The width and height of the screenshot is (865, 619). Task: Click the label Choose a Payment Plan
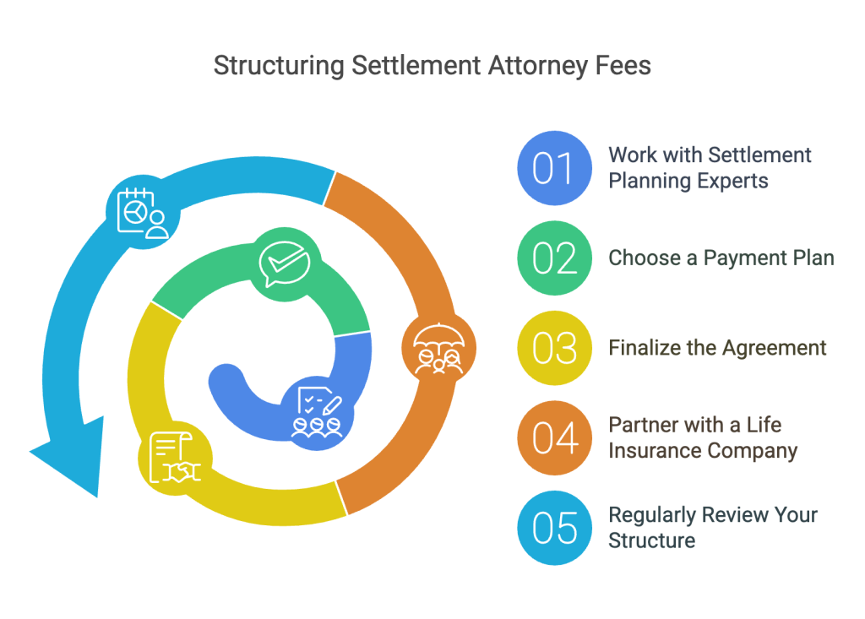721,258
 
